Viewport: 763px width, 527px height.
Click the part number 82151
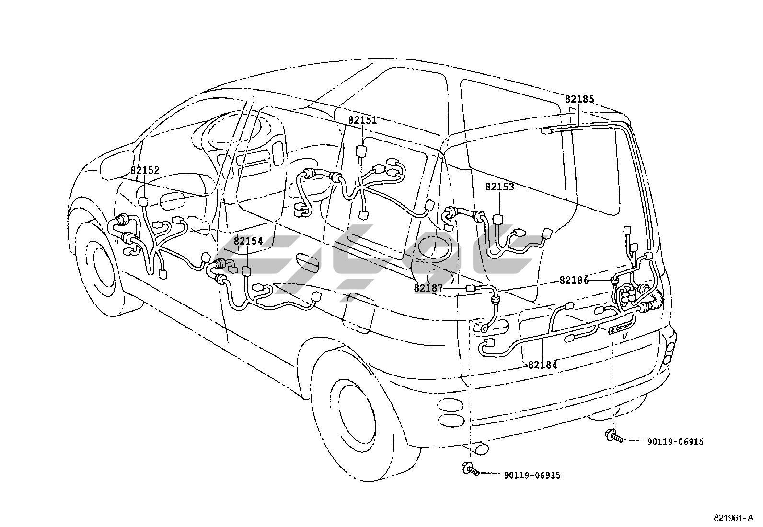coord(362,120)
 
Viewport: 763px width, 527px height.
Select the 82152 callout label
coord(145,170)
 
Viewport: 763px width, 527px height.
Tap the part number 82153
coord(500,187)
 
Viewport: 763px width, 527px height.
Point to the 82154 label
coord(248,241)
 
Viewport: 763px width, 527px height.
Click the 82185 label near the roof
coord(579,99)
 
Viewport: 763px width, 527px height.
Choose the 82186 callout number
coord(574,280)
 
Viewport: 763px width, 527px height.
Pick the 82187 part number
coord(428,288)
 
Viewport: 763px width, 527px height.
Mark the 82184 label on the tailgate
coord(543,365)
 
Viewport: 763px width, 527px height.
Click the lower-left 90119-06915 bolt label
coord(532,476)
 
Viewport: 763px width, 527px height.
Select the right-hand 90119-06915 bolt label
coord(675,442)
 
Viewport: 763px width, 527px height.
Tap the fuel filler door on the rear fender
coord(358,312)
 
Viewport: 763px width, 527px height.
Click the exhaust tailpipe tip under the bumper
coord(480,449)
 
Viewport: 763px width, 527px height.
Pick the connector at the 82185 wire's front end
coord(546,130)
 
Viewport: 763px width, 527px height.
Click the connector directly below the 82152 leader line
coord(144,202)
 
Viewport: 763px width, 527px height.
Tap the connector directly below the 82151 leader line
coord(361,151)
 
